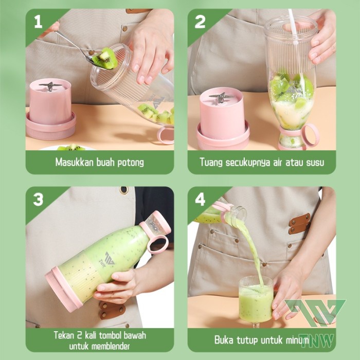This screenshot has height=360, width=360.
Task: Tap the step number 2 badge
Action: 200,22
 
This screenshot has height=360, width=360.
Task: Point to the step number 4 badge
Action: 200,200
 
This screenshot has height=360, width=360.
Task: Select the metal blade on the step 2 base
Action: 221,97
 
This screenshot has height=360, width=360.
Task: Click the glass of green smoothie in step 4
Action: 256,301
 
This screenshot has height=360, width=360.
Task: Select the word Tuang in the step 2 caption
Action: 211,162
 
